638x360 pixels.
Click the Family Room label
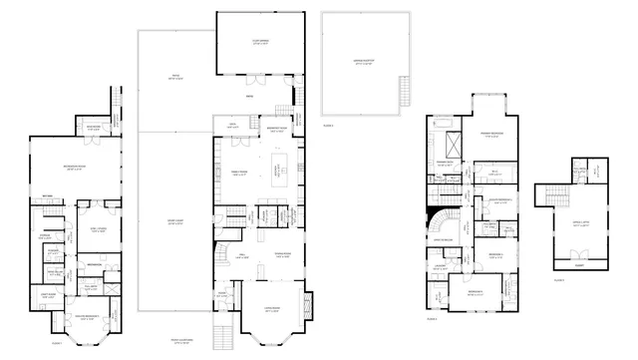pyautogui.click(x=239, y=172)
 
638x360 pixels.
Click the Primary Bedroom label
pyautogui.click(x=490, y=135)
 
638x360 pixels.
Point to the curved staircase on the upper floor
pyautogui.click(x=440, y=217)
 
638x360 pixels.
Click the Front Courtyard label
pyautogui.click(x=182, y=340)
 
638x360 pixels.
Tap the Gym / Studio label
pyautogui.click(x=100, y=230)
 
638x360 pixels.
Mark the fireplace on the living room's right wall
pyautogui.click(x=307, y=305)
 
